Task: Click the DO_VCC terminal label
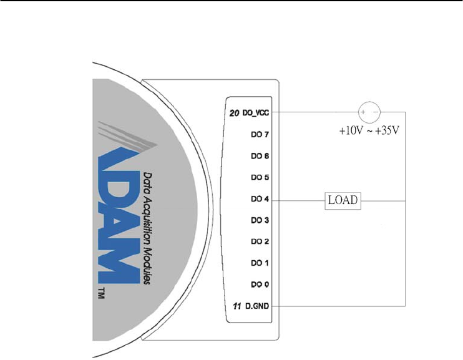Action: click(x=256, y=112)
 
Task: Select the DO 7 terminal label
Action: click(x=260, y=135)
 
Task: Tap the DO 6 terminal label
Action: click(x=260, y=156)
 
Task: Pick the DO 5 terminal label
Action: click(x=260, y=177)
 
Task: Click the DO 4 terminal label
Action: click(x=260, y=199)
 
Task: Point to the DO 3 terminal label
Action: click(x=260, y=220)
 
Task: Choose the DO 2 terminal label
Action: click(x=260, y=241)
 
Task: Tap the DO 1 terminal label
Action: click(x=260, y=263)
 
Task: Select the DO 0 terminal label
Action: click(x=260, y=285)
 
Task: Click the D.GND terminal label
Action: click(x=257, y=306)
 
